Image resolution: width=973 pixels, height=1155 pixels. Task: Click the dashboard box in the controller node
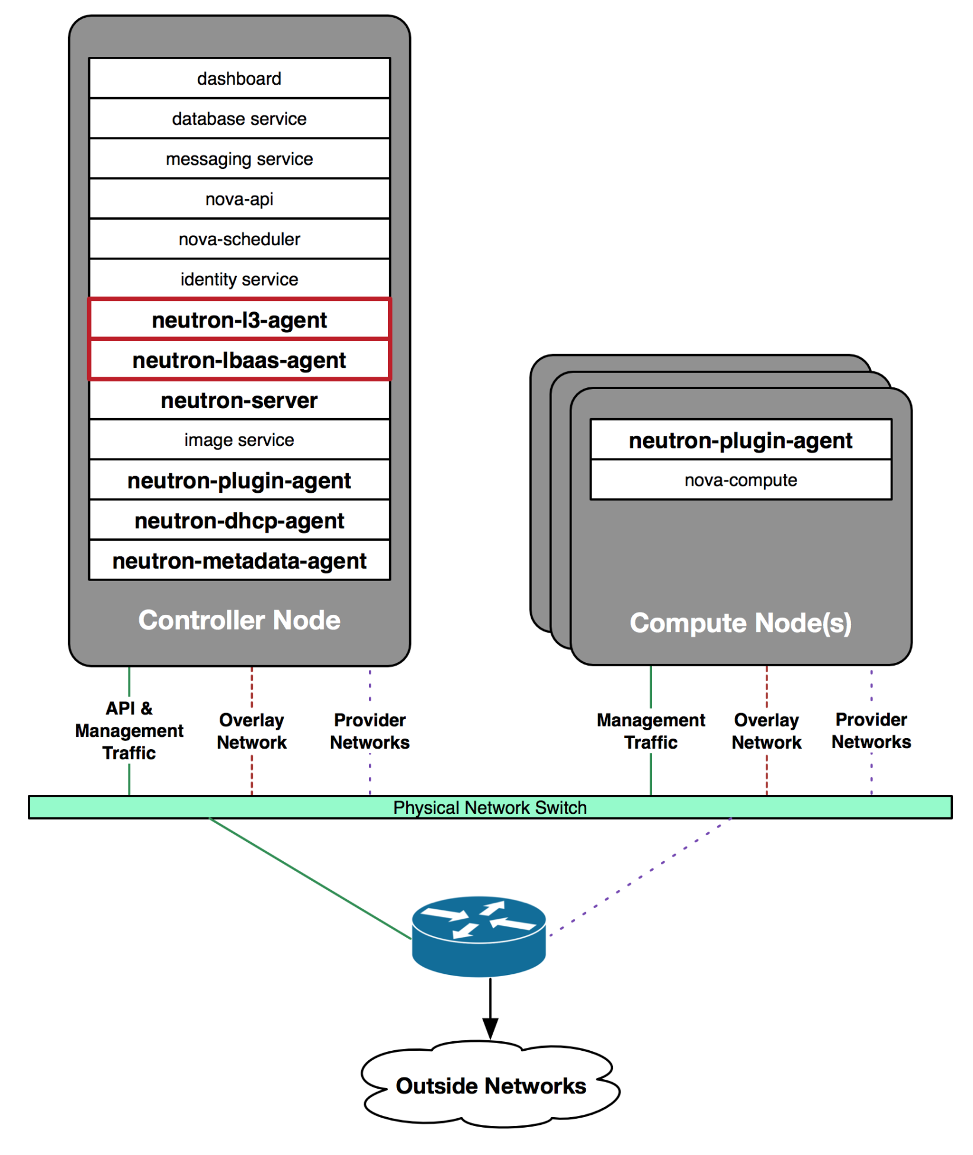tap(239, 78)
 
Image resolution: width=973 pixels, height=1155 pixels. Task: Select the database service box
tap(239, 118)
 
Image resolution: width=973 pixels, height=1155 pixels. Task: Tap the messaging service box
tap(239, 159)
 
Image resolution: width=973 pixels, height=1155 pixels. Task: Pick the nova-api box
tap(239, 199)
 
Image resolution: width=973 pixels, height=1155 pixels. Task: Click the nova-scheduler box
tap(239, 239)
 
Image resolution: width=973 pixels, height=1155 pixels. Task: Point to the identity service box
tap(239, 279)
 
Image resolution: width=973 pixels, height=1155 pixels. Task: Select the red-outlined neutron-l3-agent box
tap(239, 319)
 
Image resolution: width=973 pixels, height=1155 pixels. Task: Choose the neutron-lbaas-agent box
tap(239, 360)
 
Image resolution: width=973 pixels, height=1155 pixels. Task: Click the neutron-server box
tap(239, 400)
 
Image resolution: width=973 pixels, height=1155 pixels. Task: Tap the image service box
tap(239, 439)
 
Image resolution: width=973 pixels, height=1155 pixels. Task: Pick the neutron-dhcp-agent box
tap(239, 520)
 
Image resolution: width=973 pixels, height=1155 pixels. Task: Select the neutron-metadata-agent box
tap(239, 560)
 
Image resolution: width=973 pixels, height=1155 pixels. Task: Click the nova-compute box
tap(740, 480)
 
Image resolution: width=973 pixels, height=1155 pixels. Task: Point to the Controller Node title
tap(239, 620)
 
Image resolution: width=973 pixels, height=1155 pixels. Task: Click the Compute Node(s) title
tap(740, 623)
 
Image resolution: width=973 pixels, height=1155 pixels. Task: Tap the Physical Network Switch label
tap(490, 807)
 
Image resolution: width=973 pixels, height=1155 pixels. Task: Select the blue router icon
tap(479, 936)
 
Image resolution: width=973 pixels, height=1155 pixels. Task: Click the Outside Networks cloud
tap(490, 1085)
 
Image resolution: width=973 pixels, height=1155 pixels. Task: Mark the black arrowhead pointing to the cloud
tap(490, 1029)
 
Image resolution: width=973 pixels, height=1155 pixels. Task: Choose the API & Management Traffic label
tap(129, 730)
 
